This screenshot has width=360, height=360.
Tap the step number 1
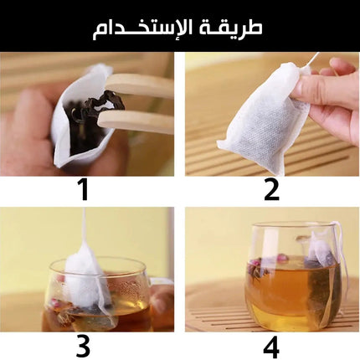pyautogui.click(x=84, y=190)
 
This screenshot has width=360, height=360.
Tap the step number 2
pyautogui.click(x=271, y=190)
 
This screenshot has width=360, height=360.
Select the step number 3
pyautogui.click(x=83, y=346)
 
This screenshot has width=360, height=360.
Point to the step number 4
pyautogui.click(x=271, y=347)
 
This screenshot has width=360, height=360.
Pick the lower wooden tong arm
pyautogui.click(x=136, y=121)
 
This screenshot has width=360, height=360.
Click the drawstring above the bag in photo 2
pyautogui.click(x=312, y=60)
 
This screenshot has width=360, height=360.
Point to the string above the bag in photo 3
pyautogui.click(x=84, y=226)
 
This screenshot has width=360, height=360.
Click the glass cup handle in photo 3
pyautogui.click(x=162, y=296)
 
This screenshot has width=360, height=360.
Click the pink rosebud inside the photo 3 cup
pyautogui.click(x=55, y=302)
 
